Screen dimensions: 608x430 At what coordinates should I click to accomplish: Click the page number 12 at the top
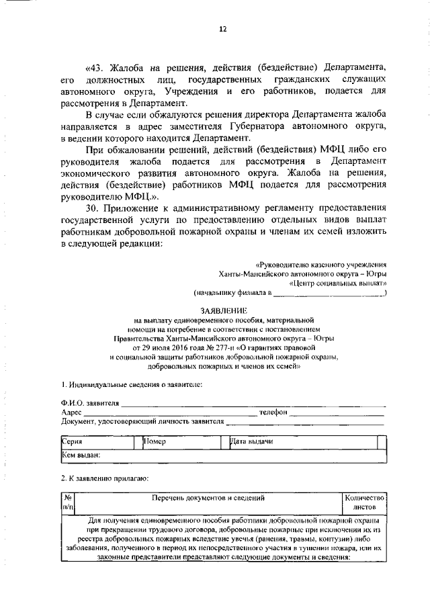(x=222, y=29)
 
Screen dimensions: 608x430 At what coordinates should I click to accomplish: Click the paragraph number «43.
(x=97, y=68)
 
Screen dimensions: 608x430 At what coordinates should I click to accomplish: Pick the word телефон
(x=273, y=412)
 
